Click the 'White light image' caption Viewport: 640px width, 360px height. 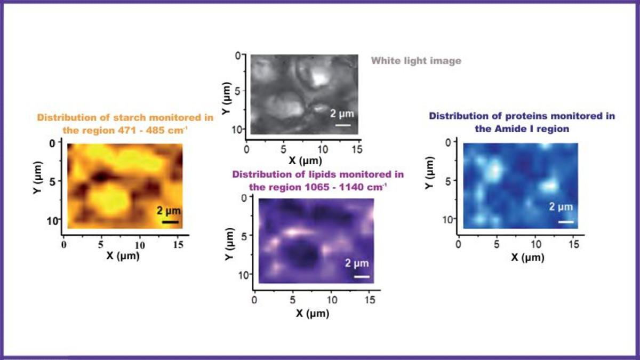click(x=416, y=61)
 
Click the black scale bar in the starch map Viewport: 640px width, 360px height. click(x=170, y=221)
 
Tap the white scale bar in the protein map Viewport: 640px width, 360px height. click(x=566, y=221)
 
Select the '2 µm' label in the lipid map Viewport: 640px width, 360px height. click(x=357, y=263)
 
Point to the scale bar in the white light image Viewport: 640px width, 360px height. click(x=343, y=125)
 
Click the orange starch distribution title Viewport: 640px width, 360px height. click(x=125, y=123)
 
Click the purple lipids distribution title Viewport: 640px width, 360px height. click(x=318, y=180)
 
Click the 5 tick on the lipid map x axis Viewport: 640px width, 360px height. click(x=292, y=301)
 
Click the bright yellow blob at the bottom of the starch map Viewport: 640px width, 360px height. click(x=109, y=201)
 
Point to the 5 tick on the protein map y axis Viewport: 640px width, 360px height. click(x=449, y=181)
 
